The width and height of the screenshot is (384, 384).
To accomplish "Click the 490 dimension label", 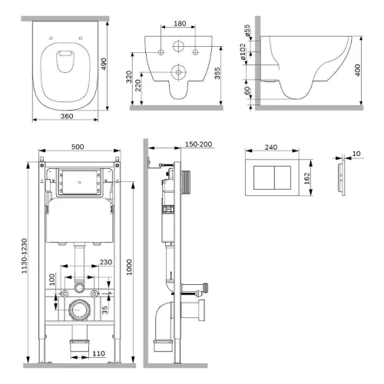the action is tap(103, 65).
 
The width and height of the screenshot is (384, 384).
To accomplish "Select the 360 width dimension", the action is tap(67, 116).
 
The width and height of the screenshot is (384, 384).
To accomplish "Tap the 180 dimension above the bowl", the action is tap(180, 24).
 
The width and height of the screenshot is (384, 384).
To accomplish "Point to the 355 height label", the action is tap(217, 73).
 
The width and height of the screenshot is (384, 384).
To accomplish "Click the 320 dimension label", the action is tap(129, 77).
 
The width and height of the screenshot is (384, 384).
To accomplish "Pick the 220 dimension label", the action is tap(138, 85).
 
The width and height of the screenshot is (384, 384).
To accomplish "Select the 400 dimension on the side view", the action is tap(358, 70).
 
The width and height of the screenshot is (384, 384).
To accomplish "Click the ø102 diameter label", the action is tap(243, 51).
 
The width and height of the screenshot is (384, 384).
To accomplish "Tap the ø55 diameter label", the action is tap(247, 31).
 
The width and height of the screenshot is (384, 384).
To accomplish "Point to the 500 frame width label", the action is tap(78, 147).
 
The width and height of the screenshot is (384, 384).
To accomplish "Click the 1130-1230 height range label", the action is tap(25, 256).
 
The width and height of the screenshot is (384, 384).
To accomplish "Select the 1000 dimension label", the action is tap(129, 267).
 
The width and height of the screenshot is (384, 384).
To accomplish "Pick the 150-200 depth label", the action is tap(199, 144).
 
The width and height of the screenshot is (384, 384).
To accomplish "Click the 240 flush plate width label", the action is tap(271, 147).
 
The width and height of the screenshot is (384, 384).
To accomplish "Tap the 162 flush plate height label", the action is tap(307, 178).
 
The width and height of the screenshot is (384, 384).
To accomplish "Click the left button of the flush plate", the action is tap(264, 177).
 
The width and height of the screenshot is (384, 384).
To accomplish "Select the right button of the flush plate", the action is tap(283, 177).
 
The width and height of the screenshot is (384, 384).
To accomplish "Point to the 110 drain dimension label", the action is tap(98, 353).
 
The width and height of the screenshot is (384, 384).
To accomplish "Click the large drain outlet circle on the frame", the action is tap(79, 310).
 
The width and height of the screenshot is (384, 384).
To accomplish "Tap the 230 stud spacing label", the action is tap(106, 262).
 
